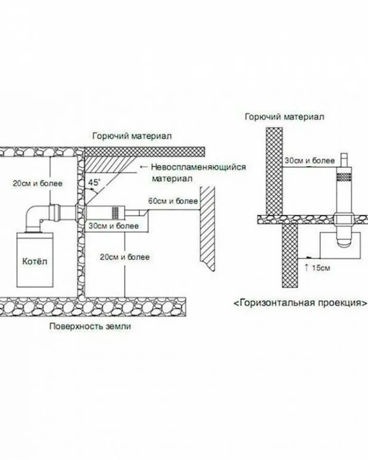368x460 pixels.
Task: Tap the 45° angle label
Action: [93, 182]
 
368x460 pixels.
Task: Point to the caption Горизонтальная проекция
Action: [300, 302]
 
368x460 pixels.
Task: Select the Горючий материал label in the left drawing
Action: [132, 136]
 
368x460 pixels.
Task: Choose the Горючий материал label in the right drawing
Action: [285, 117]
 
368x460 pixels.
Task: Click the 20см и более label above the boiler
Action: [38, 183]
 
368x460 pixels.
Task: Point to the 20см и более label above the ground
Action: [125, 257]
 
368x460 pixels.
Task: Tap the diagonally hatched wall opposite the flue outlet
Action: [207, 228]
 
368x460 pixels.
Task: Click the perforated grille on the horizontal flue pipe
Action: [115, 211]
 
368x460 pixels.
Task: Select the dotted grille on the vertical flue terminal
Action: [346, 177]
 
